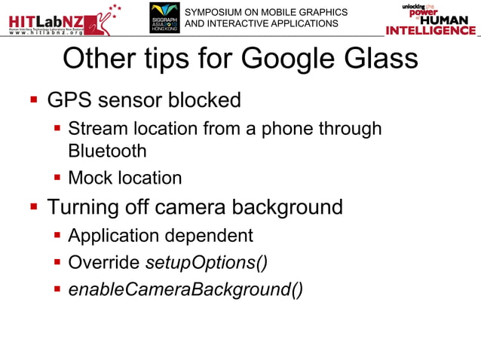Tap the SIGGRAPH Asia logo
click(164, 17)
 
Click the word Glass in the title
click(385, 59)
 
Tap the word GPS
click(69, 99)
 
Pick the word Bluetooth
click(107, 151)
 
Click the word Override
click(103, 263)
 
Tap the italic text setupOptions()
click(206, 263)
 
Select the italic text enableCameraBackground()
click(185, 290)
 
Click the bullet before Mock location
click(57, 178)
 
